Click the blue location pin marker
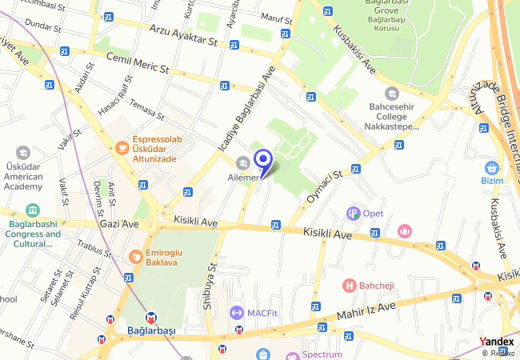[262, 161]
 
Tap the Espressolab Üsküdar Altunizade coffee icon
[122, 146]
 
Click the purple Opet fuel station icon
[352, 213]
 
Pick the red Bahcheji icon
[349, 285]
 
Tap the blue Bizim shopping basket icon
[491, 167]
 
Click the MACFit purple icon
[236, 312]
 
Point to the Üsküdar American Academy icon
[23, 152]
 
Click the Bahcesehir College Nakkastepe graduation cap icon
[390, 94]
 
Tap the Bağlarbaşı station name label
[151, 330]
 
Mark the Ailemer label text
[246, 177]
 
